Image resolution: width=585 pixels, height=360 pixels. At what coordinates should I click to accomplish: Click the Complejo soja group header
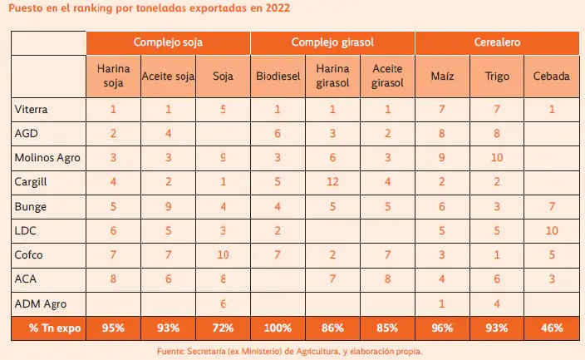[x=169, y=42]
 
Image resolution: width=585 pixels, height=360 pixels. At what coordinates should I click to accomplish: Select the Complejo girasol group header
[x=333, y=42]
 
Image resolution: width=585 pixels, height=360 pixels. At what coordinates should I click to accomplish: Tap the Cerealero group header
[x=498, y=42]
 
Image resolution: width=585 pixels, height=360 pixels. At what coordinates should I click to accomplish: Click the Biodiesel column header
[x=278, y=76]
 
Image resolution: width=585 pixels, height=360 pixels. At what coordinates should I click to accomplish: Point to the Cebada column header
[x=553, y=76]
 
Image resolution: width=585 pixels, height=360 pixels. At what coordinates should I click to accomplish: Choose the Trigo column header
[x=498, y=76]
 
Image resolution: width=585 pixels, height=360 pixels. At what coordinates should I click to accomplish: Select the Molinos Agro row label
[x=47, y=156]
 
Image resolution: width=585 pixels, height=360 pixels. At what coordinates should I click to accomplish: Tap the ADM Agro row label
[x=41, y=304]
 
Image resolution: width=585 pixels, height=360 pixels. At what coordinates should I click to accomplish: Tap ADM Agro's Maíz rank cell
[x=443, y=304]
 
